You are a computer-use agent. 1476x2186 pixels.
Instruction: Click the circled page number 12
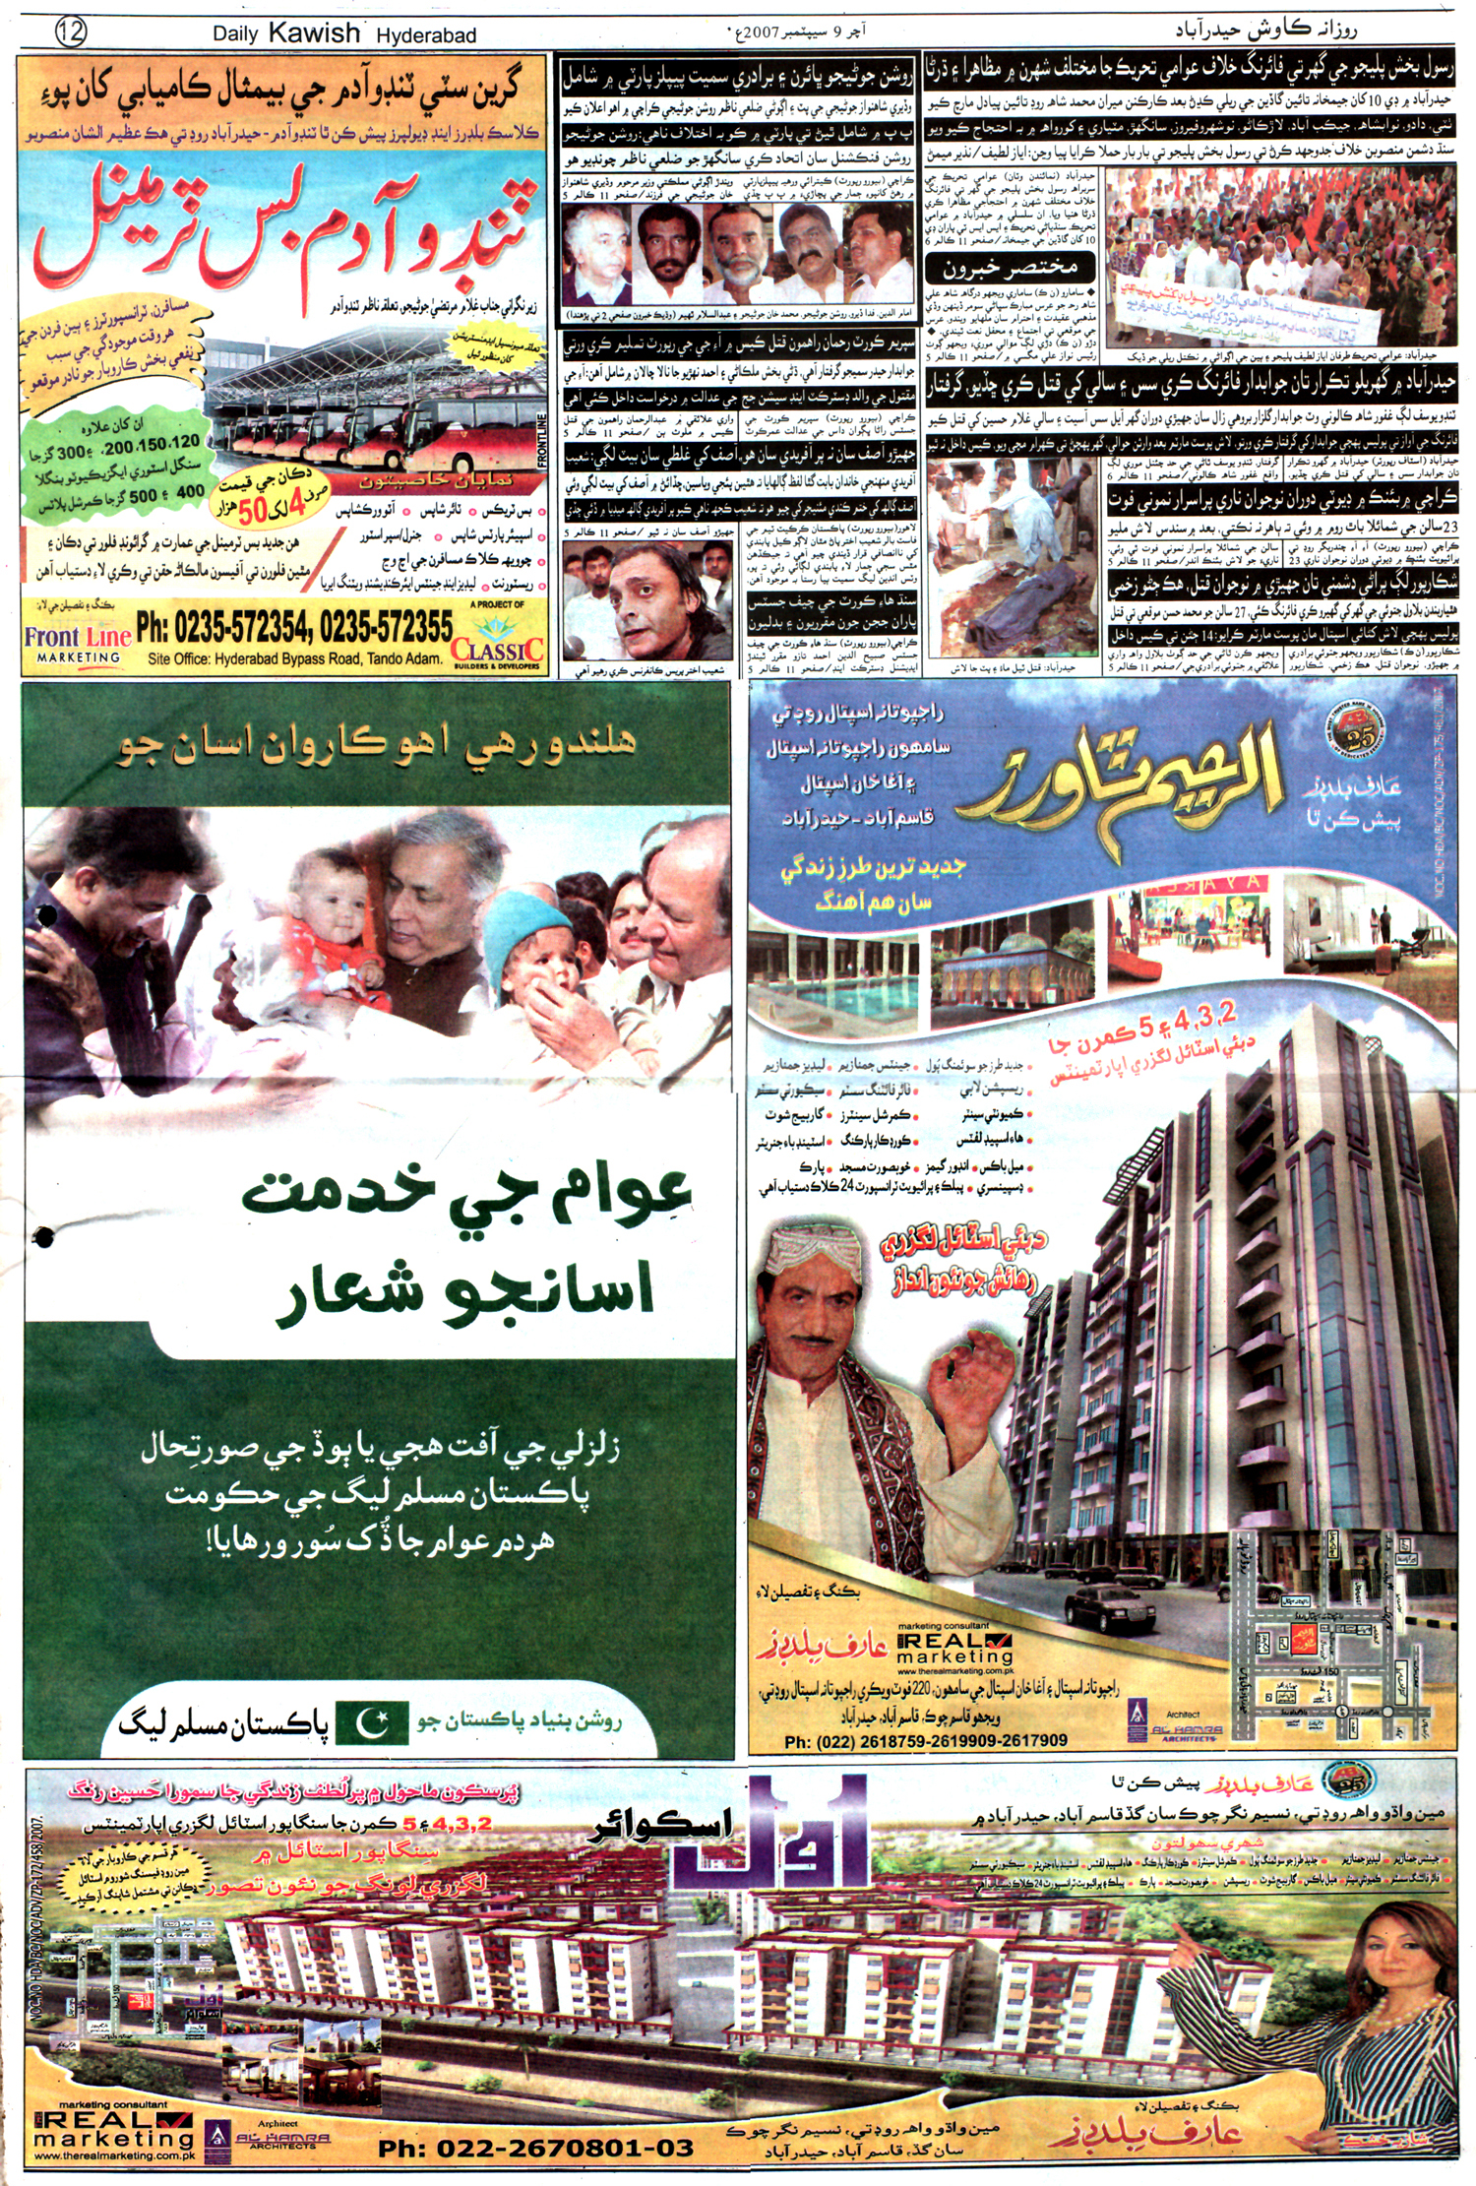click(x=72, y=32)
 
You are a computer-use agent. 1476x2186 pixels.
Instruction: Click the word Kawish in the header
click(x=314, y=32)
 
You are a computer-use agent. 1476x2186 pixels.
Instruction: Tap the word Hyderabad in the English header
click(x=426, y=35)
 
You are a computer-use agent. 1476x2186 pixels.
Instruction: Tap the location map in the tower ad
click(x=1338, y=1629)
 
